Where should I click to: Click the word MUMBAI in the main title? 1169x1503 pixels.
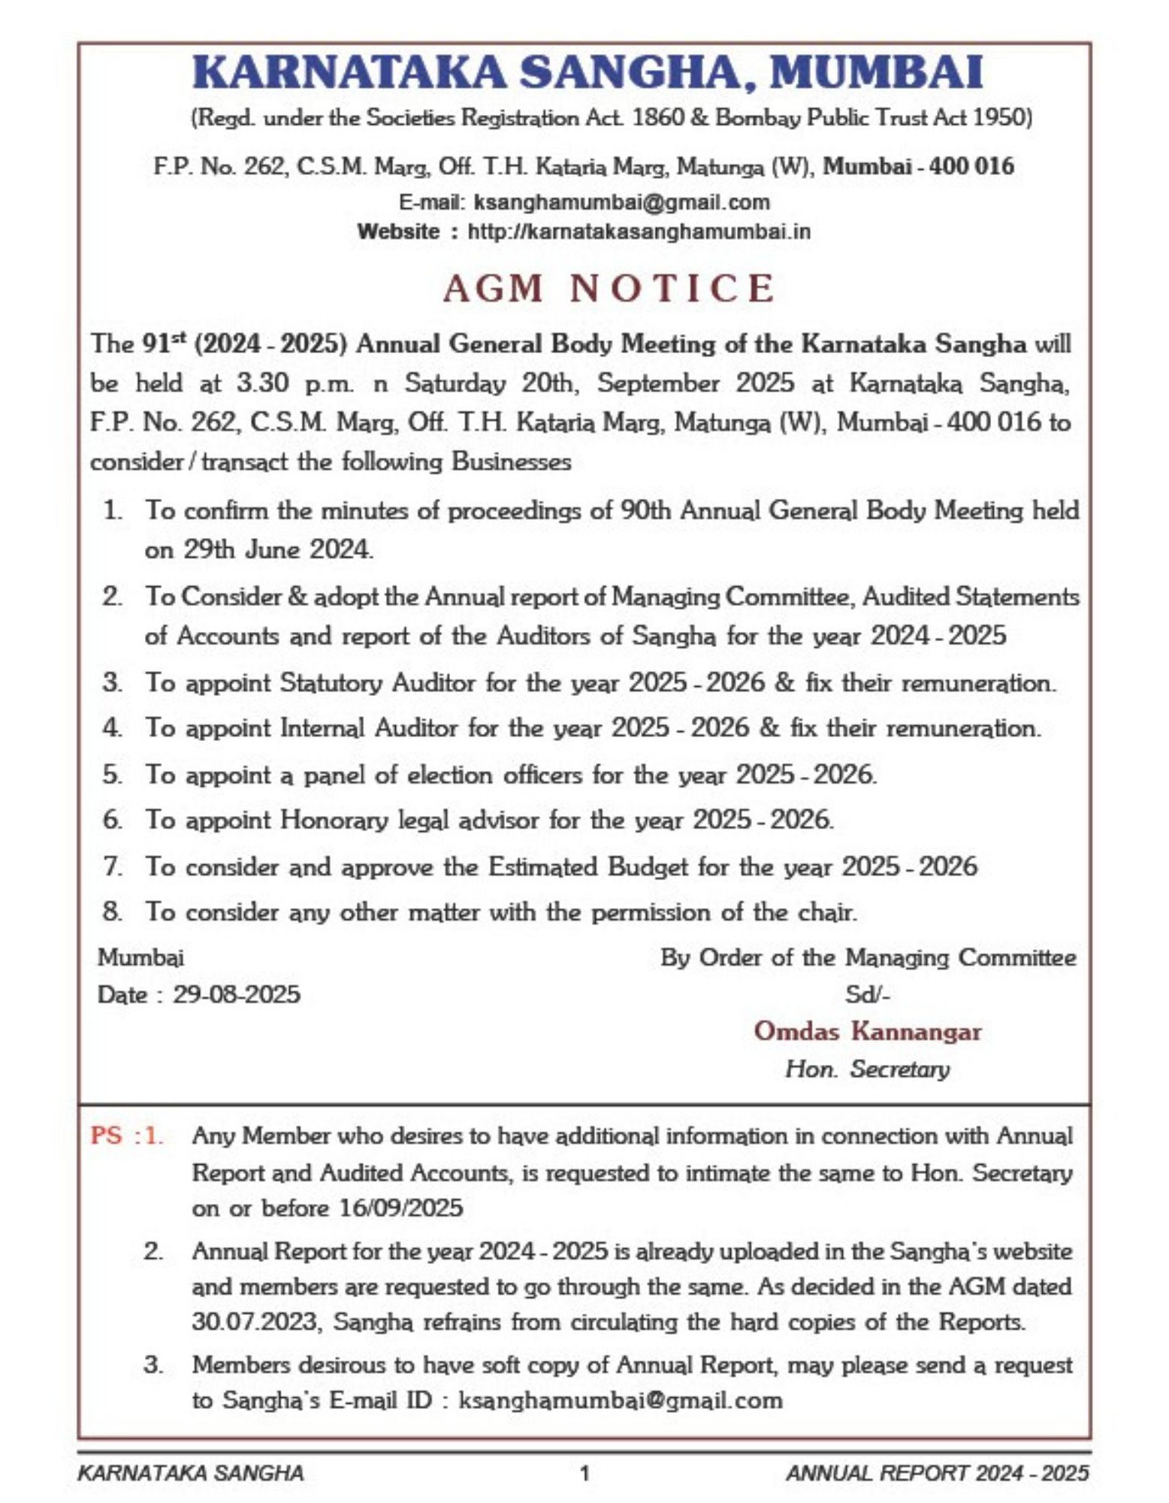tap(878, 73)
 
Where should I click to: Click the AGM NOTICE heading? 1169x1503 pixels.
tap(609, 288)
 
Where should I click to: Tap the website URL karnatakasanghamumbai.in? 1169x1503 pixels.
tap(639, 231)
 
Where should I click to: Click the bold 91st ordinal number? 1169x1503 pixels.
tap(162, 343)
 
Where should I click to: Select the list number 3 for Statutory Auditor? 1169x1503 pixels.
tap(112, 683)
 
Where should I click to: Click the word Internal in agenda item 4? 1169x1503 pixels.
tap(322, 727)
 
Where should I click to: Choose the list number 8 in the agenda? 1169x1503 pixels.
tap(112, 912)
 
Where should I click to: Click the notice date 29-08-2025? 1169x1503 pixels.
tap(237, 994)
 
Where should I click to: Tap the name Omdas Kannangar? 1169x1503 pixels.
tap(867, 1030)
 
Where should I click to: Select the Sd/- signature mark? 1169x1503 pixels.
tap(867, 994)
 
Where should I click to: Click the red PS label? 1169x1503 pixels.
tap(106, 1135)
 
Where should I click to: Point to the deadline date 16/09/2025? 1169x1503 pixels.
tap(400, 1208)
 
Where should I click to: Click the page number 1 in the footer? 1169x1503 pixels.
tap(584, 1473)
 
